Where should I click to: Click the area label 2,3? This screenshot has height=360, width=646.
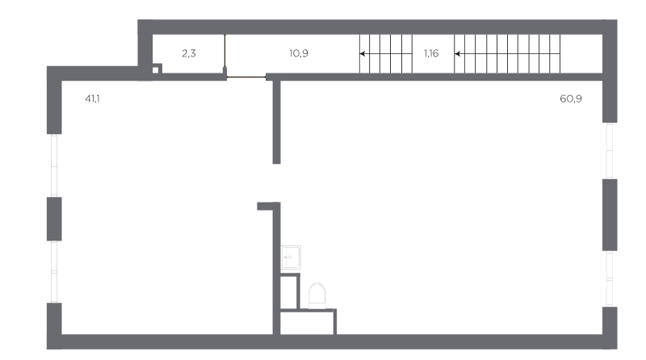tap(189, 53)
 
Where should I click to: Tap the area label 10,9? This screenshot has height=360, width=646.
tap(299, 53)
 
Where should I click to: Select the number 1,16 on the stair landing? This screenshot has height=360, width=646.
tap(431, 53)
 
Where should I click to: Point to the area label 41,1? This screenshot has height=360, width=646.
tap(92, 98)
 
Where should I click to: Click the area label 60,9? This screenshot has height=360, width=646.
tap(571, 98)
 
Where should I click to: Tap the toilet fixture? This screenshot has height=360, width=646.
tap(317, 295)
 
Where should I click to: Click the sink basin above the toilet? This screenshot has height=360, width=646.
tap(291, 257)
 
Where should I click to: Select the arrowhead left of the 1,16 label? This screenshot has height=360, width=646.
tap(362, 53)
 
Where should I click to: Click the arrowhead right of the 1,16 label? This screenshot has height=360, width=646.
tap(457, 53)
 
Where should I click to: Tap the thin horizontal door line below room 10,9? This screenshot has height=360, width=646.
tap(246, 77)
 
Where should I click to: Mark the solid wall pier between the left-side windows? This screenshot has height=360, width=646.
tap(54, 219)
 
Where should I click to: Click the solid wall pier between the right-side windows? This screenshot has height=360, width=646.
tap(610, 215)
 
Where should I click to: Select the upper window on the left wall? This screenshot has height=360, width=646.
tap(54, 165)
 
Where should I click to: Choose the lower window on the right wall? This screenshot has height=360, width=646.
tap(610, 278)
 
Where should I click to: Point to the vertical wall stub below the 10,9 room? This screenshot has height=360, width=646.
tap(276, 122)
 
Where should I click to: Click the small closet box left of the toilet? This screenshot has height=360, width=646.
tap(290, 291)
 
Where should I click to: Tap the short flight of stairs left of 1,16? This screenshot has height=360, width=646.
tap(386, 53)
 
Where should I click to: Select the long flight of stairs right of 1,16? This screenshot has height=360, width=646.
tap(507, 53)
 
